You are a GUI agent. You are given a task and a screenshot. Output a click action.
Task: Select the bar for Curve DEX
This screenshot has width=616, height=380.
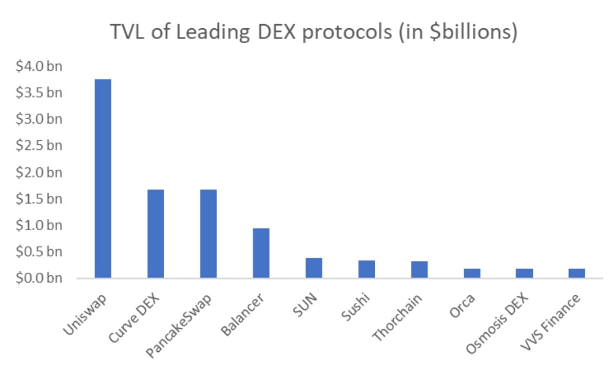(156, 234)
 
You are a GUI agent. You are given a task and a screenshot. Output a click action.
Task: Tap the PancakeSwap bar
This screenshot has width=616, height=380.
(208, 234)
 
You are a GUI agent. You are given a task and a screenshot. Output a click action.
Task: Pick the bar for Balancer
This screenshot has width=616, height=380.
(261, 253)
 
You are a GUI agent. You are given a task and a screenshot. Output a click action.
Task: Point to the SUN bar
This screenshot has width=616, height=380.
(314, 268)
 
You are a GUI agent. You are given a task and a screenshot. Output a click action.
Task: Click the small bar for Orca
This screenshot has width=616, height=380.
(472, 273)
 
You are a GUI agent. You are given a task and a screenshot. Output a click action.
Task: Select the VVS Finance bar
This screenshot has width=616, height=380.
(576, 273)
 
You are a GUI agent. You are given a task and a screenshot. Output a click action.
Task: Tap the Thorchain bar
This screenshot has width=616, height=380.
(419, 270)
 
